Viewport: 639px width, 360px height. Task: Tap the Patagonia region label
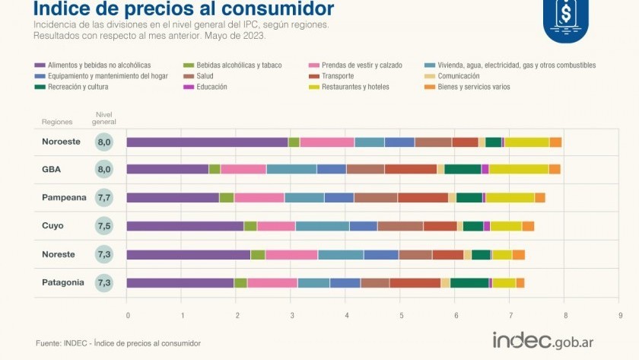click(x=63, y=282)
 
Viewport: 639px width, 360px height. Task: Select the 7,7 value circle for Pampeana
click(x=104, y=198)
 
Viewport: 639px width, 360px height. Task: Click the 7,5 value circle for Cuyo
click(x=104, y=226)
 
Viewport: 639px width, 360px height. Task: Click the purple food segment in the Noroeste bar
click(x=207, y=142)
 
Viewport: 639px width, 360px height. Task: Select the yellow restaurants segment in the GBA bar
click(x=519, y=169)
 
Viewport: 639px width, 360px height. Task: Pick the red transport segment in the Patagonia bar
click(x=415, y=283)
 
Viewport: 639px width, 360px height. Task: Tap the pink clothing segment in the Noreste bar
click(x=291, y=255)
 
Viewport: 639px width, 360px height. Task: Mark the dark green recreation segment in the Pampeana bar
click(x=469, y=198)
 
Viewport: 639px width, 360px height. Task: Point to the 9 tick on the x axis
click(x=620, y=314)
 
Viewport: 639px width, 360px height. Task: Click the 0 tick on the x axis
click(x=127, y=314)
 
